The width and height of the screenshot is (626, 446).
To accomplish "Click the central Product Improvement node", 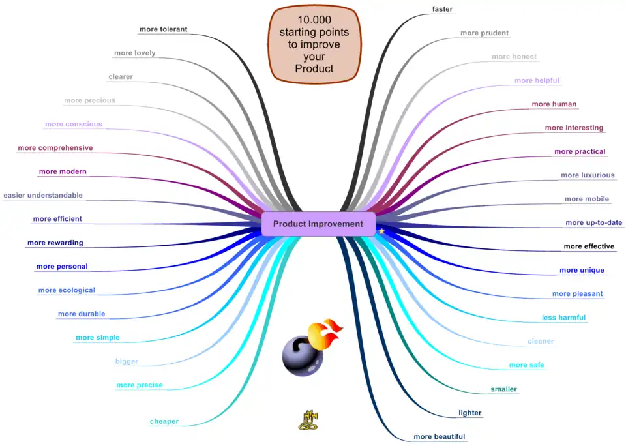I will click(318, 224).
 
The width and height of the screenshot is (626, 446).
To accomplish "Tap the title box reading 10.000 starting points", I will click(314, 44).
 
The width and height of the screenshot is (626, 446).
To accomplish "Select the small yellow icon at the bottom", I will click(307, 419).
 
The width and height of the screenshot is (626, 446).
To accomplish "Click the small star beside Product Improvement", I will click(382, 231).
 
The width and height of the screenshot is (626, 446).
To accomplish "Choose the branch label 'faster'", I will click(442, 9).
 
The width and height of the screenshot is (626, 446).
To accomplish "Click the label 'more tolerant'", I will click(164, 29).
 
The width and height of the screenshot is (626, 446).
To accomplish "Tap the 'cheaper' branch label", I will click(164, 421).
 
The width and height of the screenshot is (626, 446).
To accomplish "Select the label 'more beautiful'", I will click(440, 436).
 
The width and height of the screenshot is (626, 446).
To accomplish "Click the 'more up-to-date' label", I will click(593, 222).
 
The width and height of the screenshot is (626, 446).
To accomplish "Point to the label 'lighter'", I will click(470, 413).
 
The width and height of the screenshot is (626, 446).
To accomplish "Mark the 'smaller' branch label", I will click(503, 389).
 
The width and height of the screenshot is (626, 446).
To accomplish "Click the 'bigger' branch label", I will click(127, 361).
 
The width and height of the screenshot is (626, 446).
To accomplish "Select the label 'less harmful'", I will click(563, 318).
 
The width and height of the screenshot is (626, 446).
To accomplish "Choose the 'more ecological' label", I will click(67, 290).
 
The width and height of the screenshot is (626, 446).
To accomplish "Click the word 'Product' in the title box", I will click(314, 68).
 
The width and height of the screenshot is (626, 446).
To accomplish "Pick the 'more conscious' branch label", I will click(74, 124).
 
